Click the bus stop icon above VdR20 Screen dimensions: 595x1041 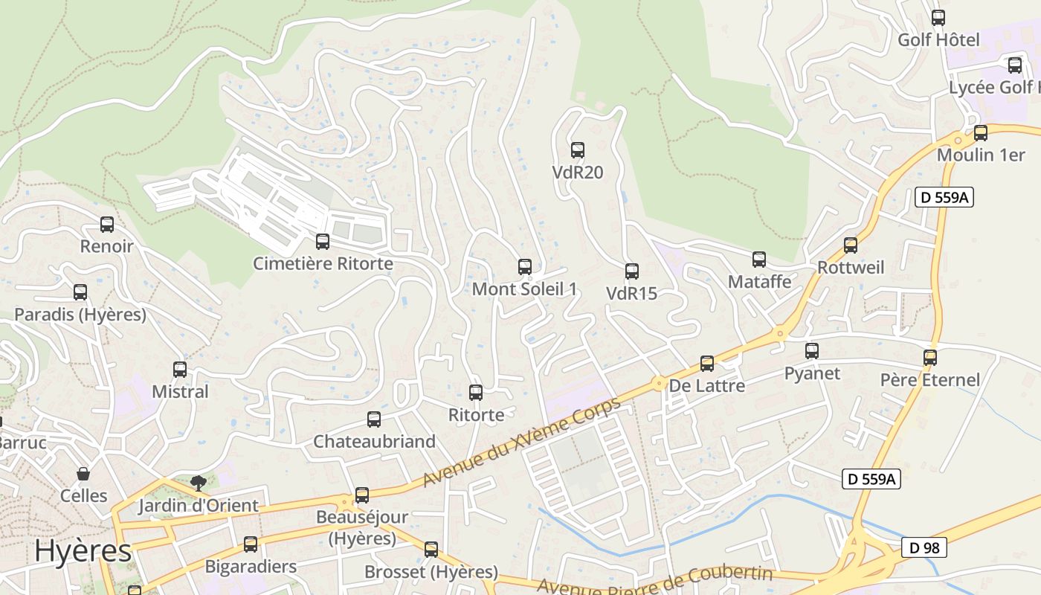click(x=578, y=149)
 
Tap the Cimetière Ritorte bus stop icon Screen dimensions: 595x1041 click(x=323, y=241)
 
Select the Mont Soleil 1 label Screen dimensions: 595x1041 click(x=525, y=289)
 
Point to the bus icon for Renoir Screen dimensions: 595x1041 click(x=107, y=224)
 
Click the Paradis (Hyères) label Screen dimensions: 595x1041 click(x=80, y=315)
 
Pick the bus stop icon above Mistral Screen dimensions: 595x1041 click(x=180, y=369)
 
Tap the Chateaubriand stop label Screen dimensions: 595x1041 click(x=374, y=441)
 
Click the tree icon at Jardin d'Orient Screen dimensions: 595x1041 click(x=198, y=483)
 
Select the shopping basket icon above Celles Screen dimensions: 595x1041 click(x=83, y=474)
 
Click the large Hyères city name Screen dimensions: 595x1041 click(x=83, y=551)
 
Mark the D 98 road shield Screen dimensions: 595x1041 click(x=924, y=547)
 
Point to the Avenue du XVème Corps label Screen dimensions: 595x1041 click(x=521, y=443)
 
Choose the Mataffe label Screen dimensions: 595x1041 click(x=759, y=282)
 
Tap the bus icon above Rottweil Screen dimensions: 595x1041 click(x=851, y=245)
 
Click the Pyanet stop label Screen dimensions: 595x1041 click(x=812, y=373)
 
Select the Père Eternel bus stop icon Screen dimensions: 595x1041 click(x=930, y=357)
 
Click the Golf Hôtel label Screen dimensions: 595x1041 click(x=938, y=39)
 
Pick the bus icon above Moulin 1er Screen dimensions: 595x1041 click(x=981, y=133)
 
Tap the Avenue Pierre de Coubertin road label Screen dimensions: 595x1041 click(x=655, y=581)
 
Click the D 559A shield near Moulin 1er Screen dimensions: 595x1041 click(x=944, y=197)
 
